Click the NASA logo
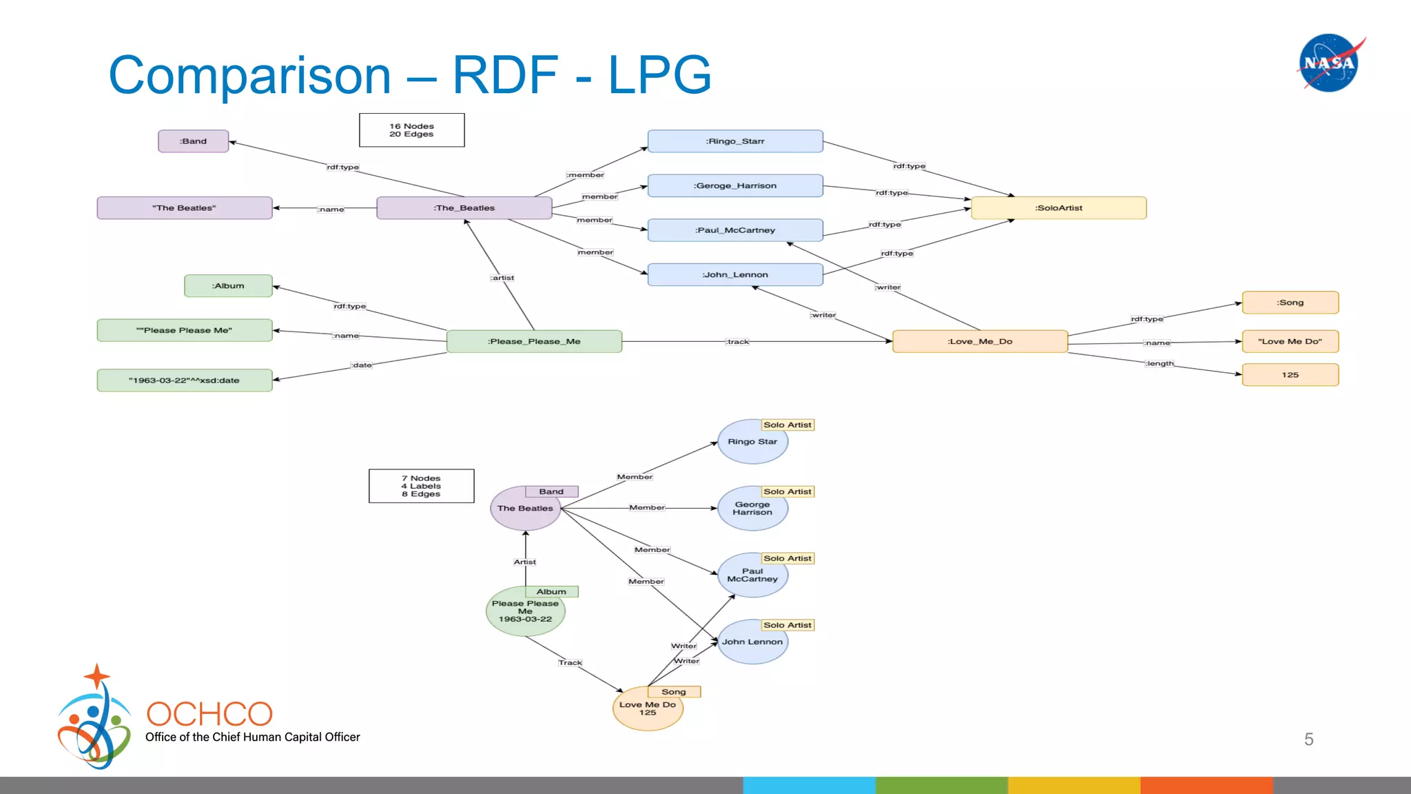[1329, 63]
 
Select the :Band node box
[193, 141]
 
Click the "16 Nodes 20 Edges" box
[411, 130]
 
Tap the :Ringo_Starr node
[734, 141]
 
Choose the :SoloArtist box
[1058, 208]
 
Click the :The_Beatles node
[464, 208]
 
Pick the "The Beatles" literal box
[184, 208]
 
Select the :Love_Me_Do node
[979, 342]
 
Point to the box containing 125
[1290, 375]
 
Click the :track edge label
[737, 342]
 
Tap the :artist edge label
[502, 278]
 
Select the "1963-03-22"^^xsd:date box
[184, 380]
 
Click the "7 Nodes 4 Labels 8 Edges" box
[421, 486]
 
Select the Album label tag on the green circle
[551, 591]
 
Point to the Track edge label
[570, 662]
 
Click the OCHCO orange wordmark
[209, 714]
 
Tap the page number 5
[1308, 740]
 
